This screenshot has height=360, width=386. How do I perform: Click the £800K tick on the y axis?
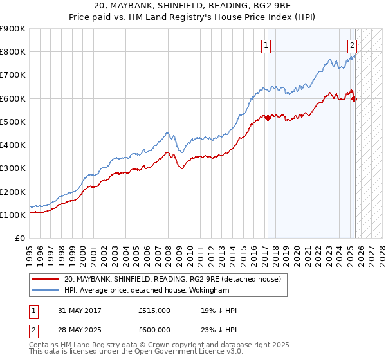(x=13, y=52)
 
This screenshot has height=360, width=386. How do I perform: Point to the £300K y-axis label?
(x=13, y=168)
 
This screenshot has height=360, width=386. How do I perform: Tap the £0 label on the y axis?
(x=20, y=238)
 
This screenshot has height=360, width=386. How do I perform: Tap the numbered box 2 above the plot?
(x=353, y=46)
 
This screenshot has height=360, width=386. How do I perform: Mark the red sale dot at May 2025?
(x=354, y=98)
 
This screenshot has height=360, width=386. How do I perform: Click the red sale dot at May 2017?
(x=268, y=118)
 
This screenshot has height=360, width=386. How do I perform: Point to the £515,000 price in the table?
(x=154, y=310)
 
